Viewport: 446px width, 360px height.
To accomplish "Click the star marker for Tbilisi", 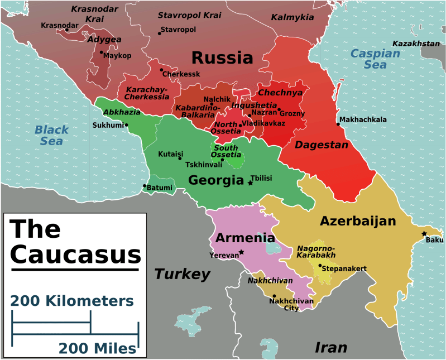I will coord(250,183).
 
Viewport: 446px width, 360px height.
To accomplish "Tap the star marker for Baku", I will coord(424,233).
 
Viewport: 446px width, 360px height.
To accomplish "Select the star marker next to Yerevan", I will coord(242,252).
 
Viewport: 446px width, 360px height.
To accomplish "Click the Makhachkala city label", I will coord(363,119).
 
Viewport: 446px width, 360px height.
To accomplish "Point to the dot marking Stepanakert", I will coord(320,266).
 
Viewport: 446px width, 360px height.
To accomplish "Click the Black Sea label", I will coord(51,136).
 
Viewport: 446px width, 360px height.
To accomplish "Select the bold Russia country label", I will coord(222,57).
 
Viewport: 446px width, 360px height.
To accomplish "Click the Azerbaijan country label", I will coord(358,221).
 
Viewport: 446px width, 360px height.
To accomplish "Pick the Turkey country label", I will coord(182,274).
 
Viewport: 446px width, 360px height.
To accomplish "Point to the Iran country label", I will coord(331,347).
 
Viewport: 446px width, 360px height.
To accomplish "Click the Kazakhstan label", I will coord(416,44).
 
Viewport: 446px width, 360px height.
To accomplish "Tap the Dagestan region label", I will coord(322,145).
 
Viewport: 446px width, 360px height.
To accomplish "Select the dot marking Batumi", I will coord(145,186).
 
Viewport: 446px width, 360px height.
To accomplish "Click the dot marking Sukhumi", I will coord(127,124).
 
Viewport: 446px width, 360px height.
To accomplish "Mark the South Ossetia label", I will coord(227,151).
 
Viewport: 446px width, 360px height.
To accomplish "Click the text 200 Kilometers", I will coord(72,301).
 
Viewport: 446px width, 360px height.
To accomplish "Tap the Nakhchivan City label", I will coord(291,304).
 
